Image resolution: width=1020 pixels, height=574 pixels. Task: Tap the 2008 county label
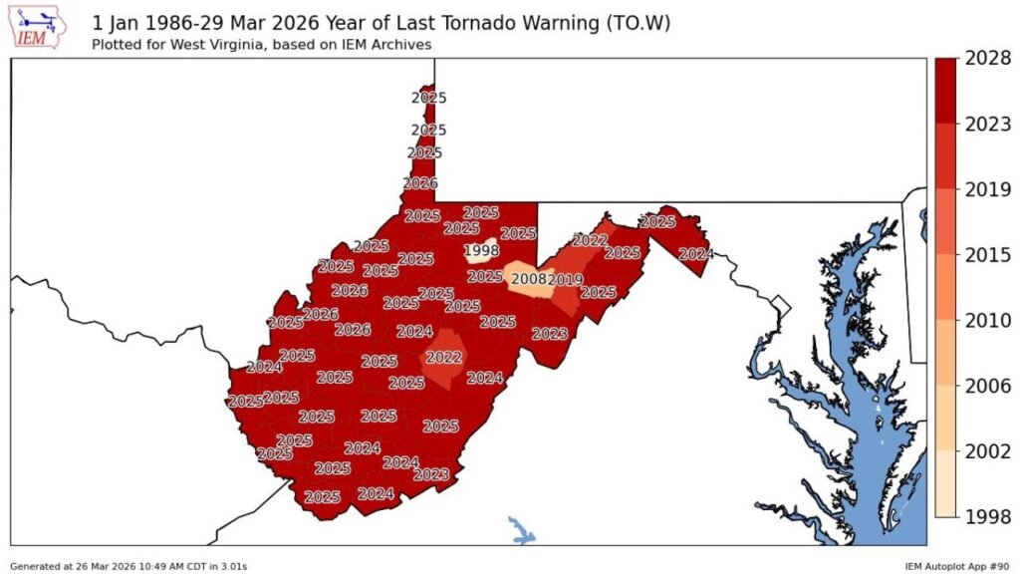click(528, 279)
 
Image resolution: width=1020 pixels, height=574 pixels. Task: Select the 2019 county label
click(565, 280)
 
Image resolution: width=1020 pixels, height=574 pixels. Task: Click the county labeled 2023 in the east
click(550, 334)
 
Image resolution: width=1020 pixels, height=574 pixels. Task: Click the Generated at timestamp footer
click(128, 566)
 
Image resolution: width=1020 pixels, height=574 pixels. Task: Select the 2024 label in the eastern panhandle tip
click(695, 254)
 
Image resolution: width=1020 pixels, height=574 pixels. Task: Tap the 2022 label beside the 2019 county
click(590, 240)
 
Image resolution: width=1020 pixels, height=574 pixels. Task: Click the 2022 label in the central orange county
click(443, 357)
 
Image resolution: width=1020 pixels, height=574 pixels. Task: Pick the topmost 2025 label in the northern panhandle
click(429, 98)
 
